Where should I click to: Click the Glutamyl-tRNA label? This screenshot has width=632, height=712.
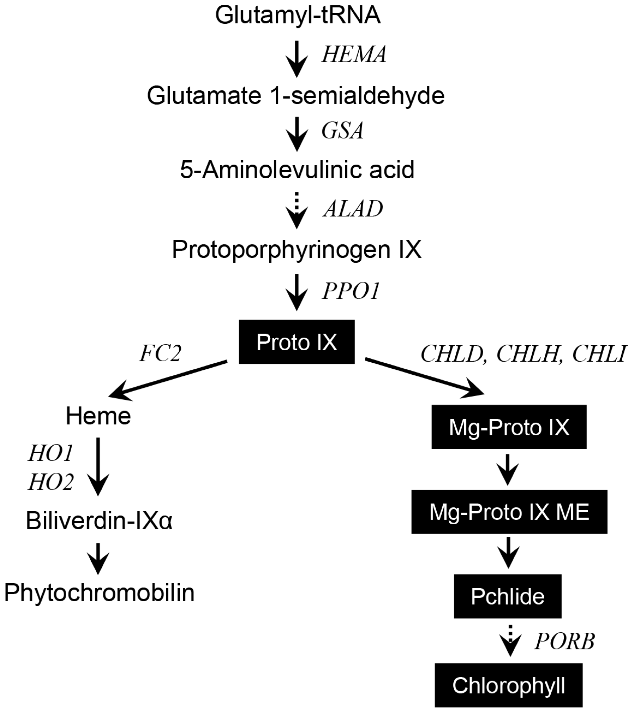coord(297,15)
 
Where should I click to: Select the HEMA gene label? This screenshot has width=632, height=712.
coord(354,55)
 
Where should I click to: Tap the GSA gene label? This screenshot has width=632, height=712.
coord(342,131)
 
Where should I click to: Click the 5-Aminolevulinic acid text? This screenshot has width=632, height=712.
coord(297,170)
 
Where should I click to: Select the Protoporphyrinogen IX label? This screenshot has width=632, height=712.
coord(296,249)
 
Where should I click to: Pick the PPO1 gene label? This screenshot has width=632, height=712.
coord(351,291)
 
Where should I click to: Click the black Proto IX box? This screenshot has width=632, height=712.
coord(296,342)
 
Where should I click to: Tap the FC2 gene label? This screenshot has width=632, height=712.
coord(160,353)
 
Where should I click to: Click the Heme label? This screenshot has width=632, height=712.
coord(98,416)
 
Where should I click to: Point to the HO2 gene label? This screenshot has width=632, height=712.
coord(51,482)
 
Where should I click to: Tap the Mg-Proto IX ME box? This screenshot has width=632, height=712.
coord(509,512)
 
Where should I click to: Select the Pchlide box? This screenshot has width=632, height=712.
coord(507,597)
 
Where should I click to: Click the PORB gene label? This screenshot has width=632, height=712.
coord(564,641)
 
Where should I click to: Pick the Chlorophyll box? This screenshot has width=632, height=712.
coord(508,686)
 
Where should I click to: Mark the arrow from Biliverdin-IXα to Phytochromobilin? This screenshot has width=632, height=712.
coord(98,558)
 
